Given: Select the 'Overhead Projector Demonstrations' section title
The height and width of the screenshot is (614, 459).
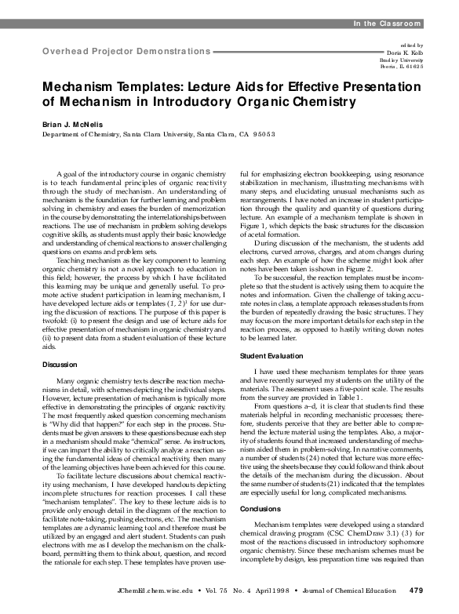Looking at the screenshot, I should pos(121,51).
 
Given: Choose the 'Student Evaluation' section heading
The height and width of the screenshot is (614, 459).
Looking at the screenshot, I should pos(268,335).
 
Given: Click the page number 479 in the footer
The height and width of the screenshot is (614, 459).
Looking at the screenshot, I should pos(417,589).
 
